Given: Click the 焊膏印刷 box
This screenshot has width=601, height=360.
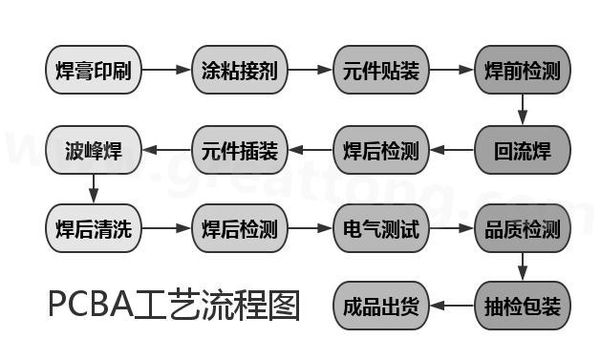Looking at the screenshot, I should [x=94, y=70].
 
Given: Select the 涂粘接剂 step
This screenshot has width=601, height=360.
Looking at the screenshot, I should [x=239, y=70].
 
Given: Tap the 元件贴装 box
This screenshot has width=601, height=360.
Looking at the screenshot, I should [x=379, y=70].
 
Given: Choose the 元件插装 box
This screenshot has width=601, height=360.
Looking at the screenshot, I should [x=239, y=149].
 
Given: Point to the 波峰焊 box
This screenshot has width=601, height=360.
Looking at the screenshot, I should [x=94, y=149].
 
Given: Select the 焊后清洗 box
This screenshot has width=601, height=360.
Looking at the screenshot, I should [x=94, y=229].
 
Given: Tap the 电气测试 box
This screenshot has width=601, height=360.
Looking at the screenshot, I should [x=379, y=229].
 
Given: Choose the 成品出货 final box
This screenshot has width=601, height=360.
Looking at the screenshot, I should [x=379, y=307].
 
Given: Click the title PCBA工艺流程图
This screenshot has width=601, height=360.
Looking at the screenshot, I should [x=174, y=306].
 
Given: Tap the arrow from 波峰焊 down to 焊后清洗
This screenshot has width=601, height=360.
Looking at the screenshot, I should [x=94, y=189].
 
